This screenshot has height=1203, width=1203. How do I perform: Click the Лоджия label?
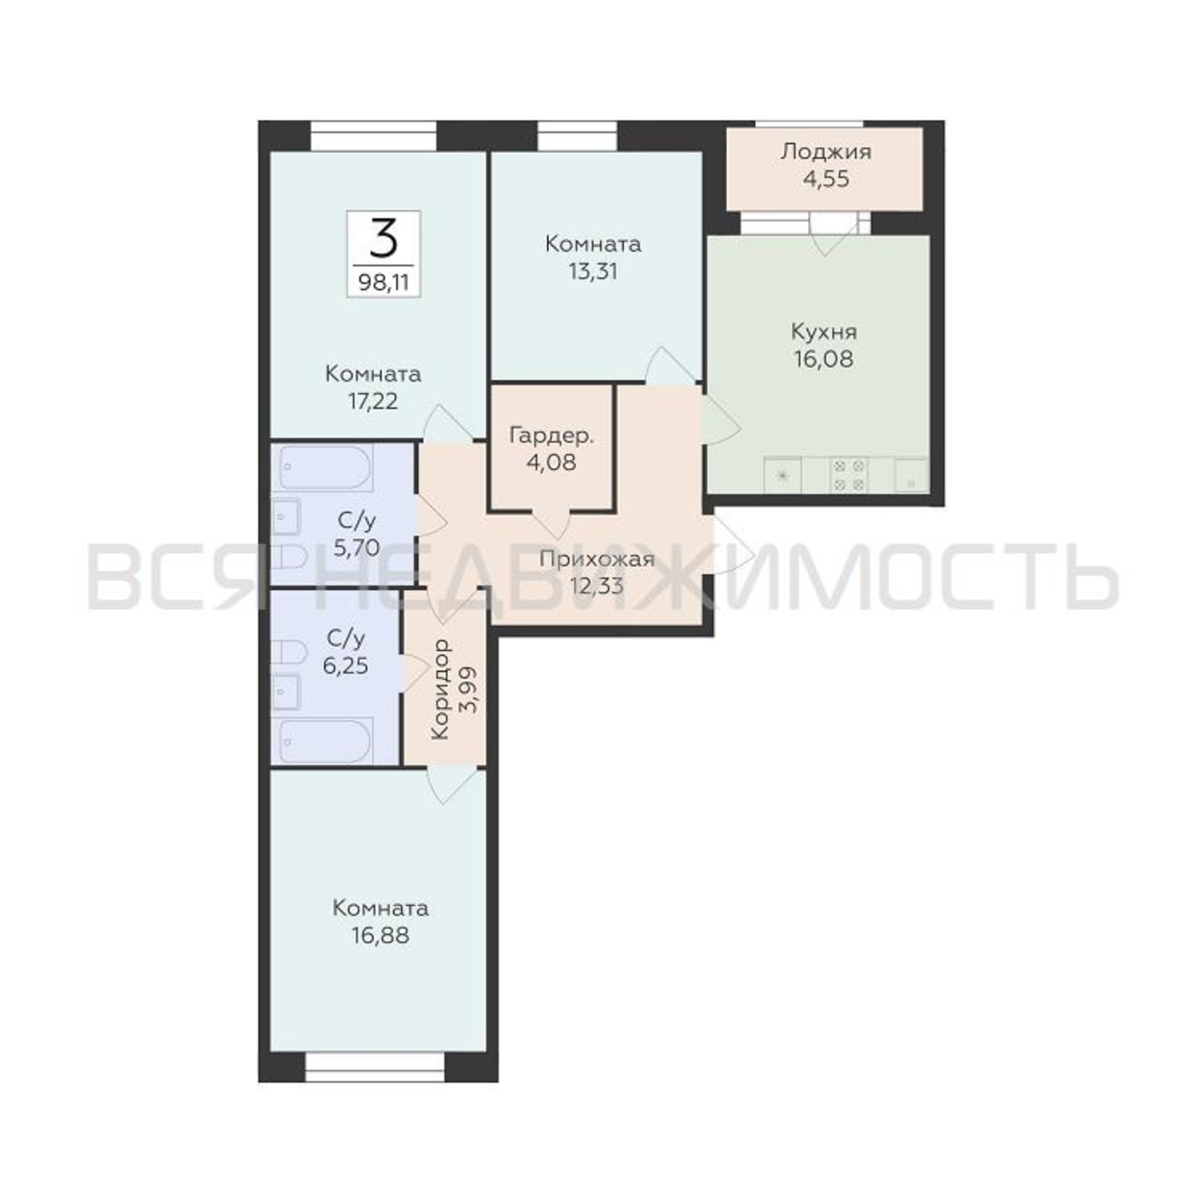click(x=826, y=153)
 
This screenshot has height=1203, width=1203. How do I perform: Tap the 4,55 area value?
click(x=826, y=179)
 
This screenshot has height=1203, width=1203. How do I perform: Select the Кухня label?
click(x=824, y=333)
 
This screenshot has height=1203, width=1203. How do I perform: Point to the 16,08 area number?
click(x=823, y=359)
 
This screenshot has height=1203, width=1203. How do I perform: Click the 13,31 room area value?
click(x=593, y=272)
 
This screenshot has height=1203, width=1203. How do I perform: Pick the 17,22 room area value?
click(x=373, y=402)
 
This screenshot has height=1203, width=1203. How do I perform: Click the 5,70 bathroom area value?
click(x=357, y=548)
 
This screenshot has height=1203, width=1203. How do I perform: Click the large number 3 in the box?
click(x=384, y=239)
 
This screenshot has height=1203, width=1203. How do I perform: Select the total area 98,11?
click(x=384, y=283)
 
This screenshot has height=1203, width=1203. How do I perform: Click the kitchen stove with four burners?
click(x=849, y=476)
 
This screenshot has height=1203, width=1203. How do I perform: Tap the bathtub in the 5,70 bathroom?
click(x=325, y=467)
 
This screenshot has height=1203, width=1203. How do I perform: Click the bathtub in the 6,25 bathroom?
click(x=325, y=742)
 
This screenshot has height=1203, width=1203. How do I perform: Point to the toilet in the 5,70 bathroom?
click(x=289, y=558)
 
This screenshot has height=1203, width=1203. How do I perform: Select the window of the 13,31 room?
click(x=577, y=136)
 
